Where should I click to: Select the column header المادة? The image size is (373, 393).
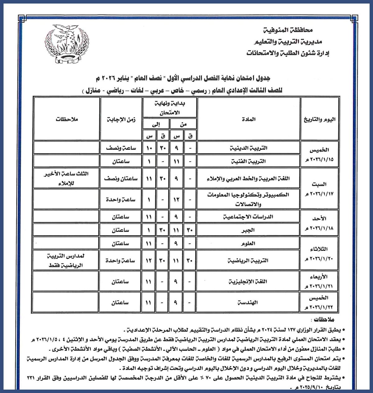tap(249, 119)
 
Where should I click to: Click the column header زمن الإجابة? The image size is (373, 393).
tap(121, 119)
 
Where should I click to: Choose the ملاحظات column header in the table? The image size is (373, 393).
tap(66, 119)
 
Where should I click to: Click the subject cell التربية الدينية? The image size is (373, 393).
tap(248, 148)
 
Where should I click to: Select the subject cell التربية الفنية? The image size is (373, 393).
tap(248, 162)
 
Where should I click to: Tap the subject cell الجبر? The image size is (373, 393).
tap(248, 230)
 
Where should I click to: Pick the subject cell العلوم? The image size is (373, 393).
tap(248, 243)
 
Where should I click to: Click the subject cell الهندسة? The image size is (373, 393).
tap(248, 302)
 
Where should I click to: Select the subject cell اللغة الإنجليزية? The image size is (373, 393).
tap(248, 282)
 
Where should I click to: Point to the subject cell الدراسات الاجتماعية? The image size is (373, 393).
tap(248, 217)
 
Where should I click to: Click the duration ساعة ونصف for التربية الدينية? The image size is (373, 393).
tap(121, 148)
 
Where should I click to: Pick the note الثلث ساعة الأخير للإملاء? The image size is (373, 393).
tap(66, 178)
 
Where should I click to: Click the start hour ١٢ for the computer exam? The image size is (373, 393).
tap(176, 200)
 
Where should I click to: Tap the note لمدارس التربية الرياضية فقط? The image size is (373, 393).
tap(66, 261)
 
